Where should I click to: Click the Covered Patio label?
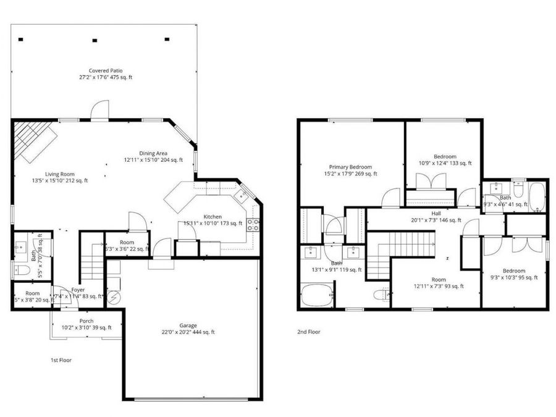[105, 74]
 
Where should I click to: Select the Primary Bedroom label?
[350, 171]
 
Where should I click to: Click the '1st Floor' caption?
[61, 360]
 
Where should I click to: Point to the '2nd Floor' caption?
[309, 332]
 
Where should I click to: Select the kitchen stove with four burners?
[253, 224]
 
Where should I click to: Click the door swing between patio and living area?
[99, 111]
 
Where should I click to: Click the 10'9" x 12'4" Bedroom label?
[445, 160]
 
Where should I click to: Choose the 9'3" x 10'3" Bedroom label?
[513, 274]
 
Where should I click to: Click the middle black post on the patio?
[95, 40]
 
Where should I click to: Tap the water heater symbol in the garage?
[114, 299]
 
